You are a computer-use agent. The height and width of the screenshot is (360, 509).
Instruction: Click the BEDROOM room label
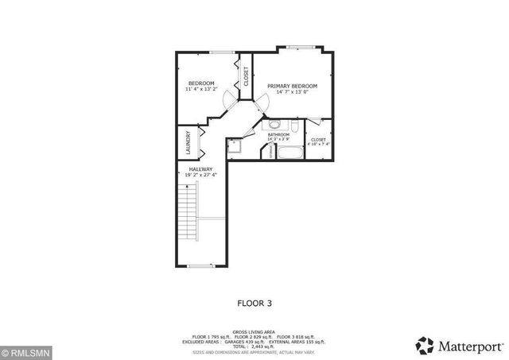point(200,83)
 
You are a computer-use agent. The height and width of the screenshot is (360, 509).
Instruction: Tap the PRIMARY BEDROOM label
point(292,86)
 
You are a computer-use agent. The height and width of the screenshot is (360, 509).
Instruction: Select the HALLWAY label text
point(200,169)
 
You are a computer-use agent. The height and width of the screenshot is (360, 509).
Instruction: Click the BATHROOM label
point(278,135)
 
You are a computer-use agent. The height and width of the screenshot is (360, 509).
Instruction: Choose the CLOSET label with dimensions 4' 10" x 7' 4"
point(318,141)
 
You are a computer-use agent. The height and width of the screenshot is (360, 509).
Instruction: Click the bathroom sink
point(274,124)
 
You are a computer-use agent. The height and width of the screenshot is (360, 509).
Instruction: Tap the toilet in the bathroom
point(293,126)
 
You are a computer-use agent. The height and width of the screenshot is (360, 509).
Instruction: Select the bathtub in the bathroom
point(288,153)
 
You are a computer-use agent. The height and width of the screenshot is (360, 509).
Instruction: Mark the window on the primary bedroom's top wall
point(299,46)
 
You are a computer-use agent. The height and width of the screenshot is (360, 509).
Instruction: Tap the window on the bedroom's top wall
point(222,52)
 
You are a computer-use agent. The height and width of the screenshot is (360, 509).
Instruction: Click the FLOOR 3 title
point(254,303)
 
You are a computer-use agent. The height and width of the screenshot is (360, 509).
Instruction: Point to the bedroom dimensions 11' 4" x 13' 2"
point(200,91)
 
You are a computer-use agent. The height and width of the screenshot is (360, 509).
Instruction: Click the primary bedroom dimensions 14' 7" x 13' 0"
point(292,92)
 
